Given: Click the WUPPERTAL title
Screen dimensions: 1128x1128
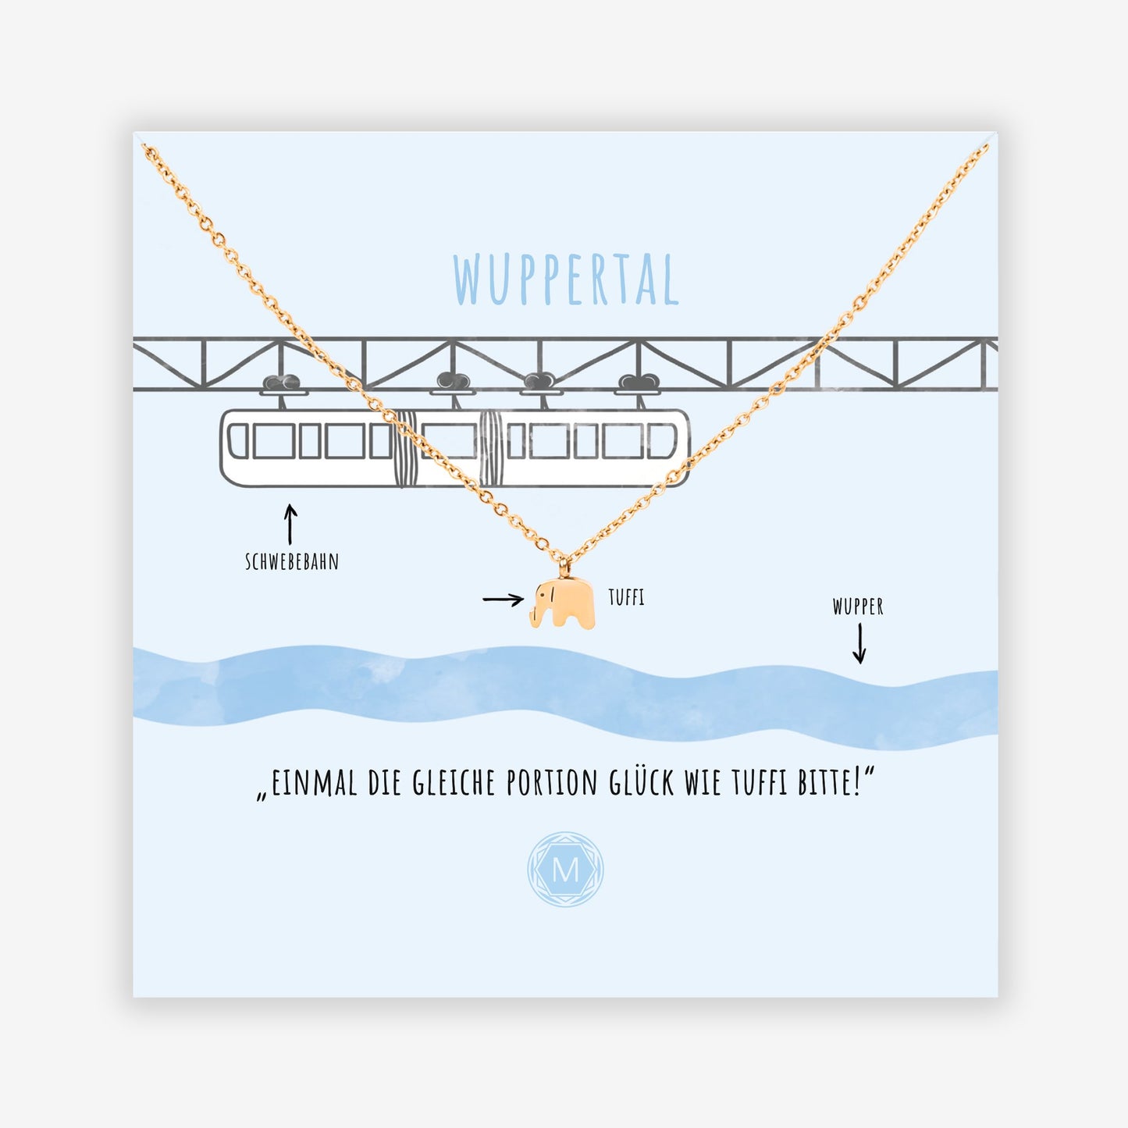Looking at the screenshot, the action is tap(565, 279).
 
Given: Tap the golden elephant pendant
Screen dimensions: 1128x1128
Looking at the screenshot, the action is tap(563, 603).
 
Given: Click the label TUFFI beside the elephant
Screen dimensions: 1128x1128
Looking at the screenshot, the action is tap(626, 598).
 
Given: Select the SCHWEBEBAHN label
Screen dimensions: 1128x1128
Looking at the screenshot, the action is tap(292, 562).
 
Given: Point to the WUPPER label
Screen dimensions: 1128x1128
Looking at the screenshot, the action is tap(858, 607).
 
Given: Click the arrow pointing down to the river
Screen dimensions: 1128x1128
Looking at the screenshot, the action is tap(859, 643).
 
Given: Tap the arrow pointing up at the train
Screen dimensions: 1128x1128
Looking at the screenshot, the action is tap(290, 525).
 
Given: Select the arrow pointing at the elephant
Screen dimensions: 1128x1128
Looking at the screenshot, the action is tap(503, 600).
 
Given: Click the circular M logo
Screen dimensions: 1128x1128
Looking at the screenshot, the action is tap(565, 870).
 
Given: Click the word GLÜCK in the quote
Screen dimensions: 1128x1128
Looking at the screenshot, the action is tap(641, 784).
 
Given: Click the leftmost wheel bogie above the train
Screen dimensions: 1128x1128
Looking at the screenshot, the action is tap(283, 385).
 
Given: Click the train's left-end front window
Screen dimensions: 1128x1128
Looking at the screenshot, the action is tap(238, 441).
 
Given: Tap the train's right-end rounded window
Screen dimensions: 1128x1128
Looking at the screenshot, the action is tap(662, 441).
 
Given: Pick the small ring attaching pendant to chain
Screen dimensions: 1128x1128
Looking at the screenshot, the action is tap(564, 568).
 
